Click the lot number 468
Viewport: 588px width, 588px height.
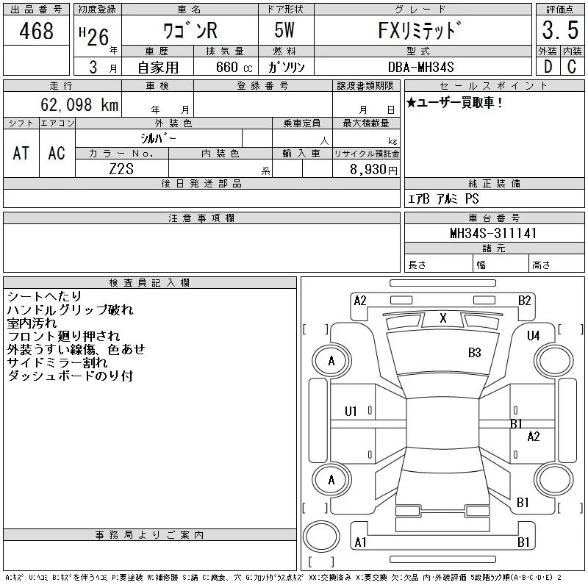(36, 31)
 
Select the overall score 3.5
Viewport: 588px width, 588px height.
(560, 30)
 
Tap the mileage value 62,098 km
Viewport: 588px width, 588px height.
(79, 104)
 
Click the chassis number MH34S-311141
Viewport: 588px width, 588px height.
(493, 233)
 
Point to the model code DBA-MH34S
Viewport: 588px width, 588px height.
(420, 67)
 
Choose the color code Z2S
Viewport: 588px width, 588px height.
(121, 169)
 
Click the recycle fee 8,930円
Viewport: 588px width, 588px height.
(373, 170)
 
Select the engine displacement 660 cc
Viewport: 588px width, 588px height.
(234, 67)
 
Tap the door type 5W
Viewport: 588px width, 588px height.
(284, 30)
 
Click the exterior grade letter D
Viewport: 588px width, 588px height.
(548, 67)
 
